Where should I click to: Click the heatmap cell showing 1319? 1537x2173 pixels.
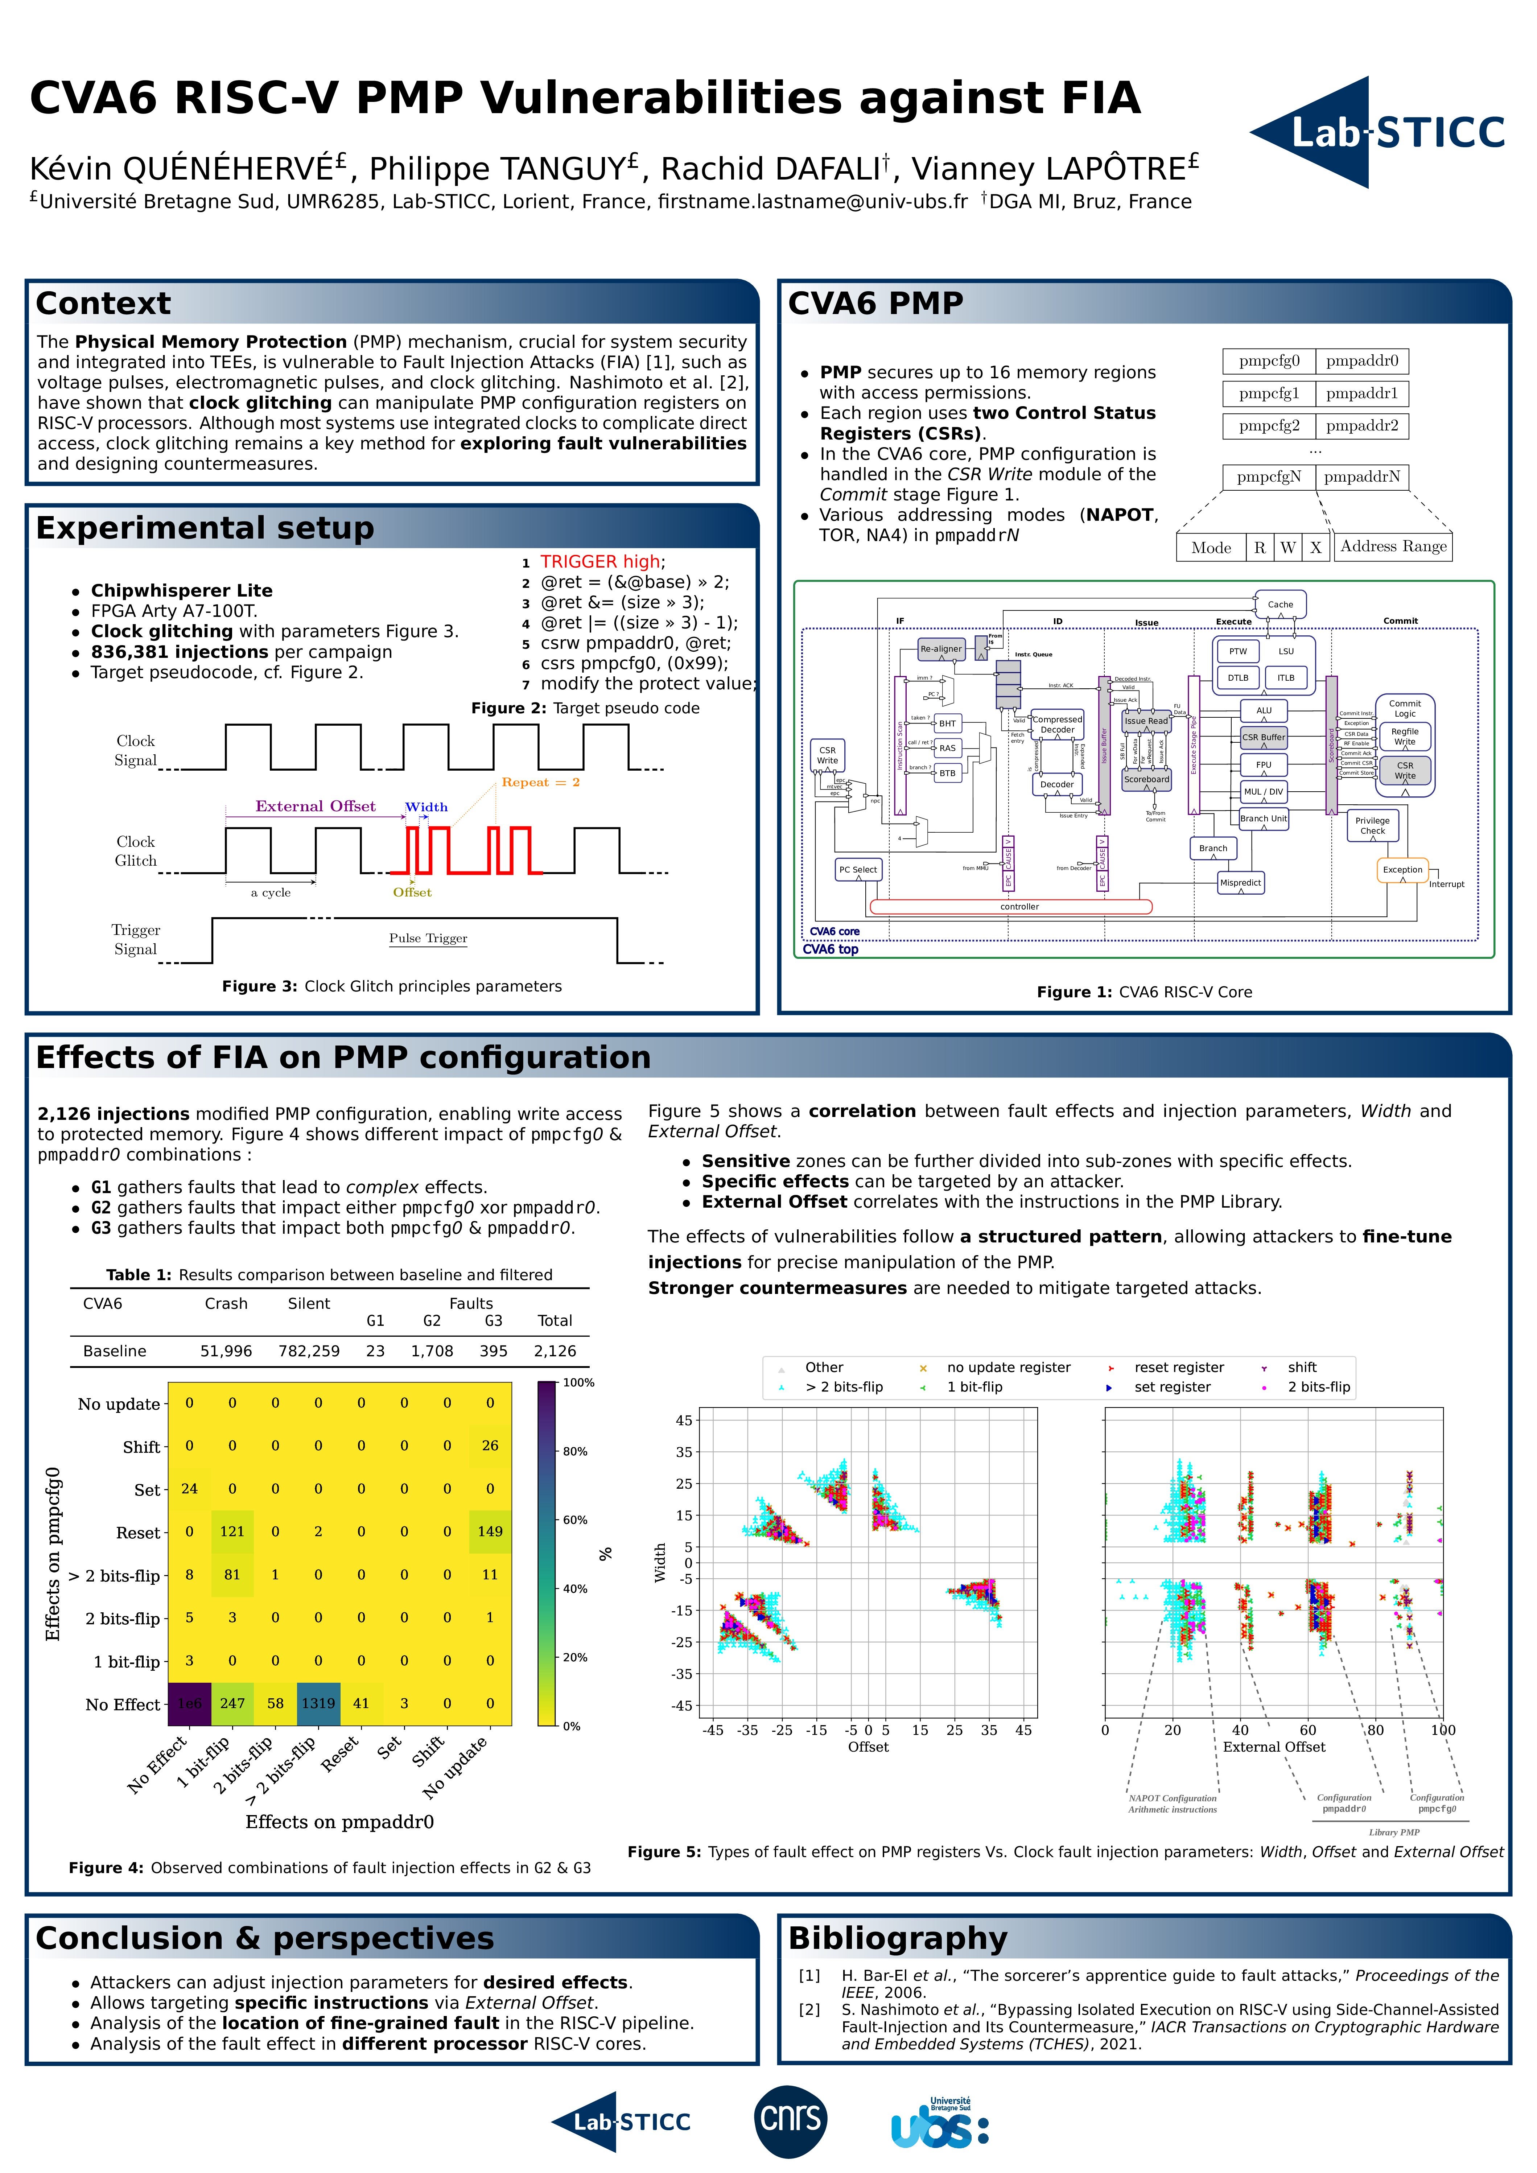click(x=318, y=1704)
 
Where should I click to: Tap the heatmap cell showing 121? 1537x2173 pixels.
click(x=232, y=1531)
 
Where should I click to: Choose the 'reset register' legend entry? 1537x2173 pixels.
click(x=1178, y=1368)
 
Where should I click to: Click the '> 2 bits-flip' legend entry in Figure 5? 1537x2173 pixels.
click(x=843, y=1387)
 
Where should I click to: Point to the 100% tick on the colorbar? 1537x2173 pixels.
click(x=577, y=1383)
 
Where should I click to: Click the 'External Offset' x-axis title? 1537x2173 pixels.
click(x=1274, y=1747)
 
